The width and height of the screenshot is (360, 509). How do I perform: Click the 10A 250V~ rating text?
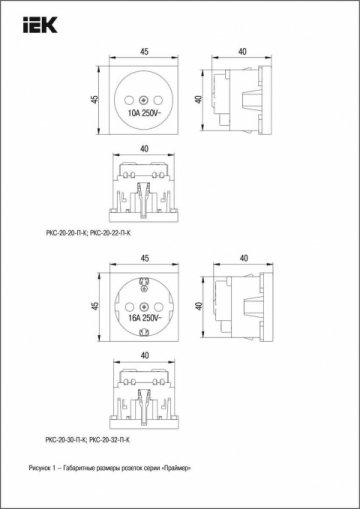(x=146, y=114)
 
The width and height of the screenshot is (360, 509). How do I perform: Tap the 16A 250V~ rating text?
(x=146, y=317)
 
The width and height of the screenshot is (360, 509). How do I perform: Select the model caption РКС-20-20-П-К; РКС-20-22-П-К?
(x=96, y=232)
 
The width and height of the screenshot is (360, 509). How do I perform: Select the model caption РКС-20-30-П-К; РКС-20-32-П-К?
(x=96, y=439)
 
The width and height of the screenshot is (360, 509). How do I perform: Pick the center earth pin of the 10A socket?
(x=146, y=100)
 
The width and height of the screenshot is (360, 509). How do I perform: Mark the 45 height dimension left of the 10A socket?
(x=94, y=99)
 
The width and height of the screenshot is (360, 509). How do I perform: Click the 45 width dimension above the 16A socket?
(x=146, y=257)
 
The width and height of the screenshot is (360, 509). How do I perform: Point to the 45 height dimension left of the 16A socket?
(x=94, y=304)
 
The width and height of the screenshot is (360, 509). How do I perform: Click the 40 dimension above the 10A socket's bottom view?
(x=146, y=148)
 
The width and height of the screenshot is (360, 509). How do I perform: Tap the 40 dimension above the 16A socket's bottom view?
(x=146, y=353)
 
